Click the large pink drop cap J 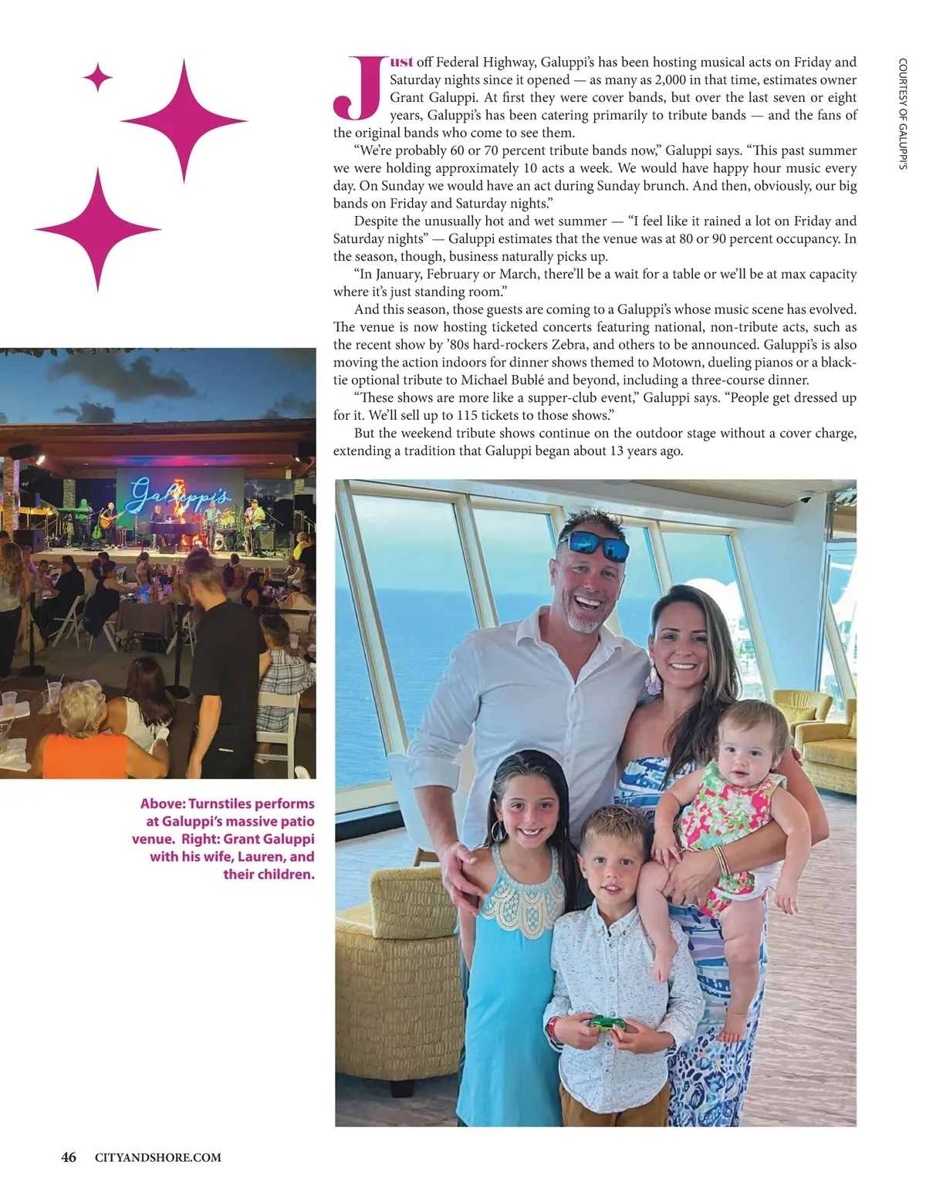pyautogui.click(x=357, y=89)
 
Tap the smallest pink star pyautogui.click(x=98, y=77)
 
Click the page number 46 pyautogui.click(x=69, y=1157)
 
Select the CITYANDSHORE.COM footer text pyautogui.click(x=157, y=1157)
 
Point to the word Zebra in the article pyautogui.click(x=568, y=345)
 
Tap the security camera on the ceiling pyautogui.click(x=804, y=498)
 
